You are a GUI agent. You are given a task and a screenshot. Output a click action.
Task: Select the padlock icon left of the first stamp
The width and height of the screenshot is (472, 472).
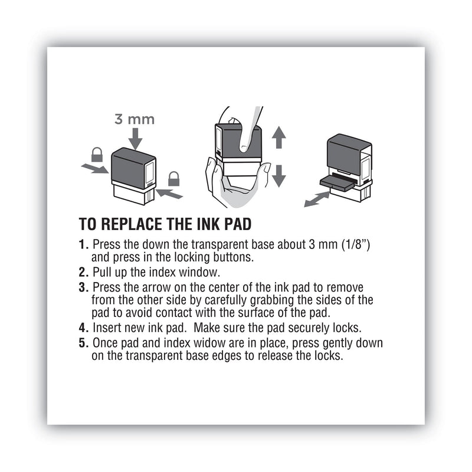(98, 155)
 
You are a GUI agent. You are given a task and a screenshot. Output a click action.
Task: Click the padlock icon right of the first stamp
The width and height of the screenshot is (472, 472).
(173, 178)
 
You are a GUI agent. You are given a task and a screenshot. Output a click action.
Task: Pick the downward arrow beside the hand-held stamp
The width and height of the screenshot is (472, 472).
(279, 175)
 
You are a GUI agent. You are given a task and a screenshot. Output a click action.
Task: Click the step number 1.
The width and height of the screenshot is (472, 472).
(83, 244)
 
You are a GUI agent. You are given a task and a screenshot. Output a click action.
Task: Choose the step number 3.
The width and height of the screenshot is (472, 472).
(83, 287)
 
